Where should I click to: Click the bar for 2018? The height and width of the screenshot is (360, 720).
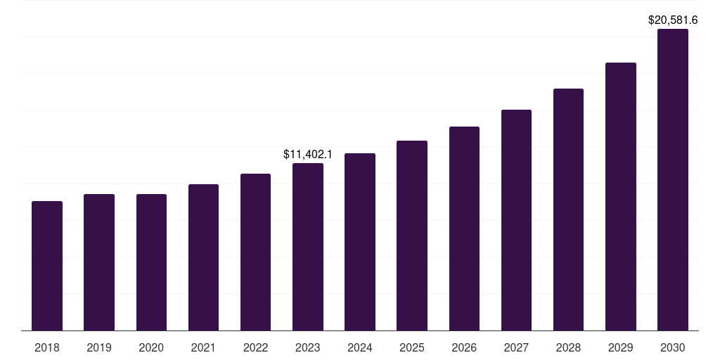(x=47, y=266)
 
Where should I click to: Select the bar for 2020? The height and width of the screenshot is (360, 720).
(x=151, y=262)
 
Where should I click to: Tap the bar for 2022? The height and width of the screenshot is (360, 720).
(x=255, y=252)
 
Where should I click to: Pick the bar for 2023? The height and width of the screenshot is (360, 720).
(x=308, y=247)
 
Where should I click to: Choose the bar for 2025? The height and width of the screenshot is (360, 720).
(x=412, y=236)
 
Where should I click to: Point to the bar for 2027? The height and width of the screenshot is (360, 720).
(x=516, y=220)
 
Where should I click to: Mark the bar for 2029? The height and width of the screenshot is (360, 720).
(x=621, y=196)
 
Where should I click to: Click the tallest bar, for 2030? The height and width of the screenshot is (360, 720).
(x=673, y=179)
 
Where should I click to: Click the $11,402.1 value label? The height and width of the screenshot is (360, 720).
(x=308, y=153)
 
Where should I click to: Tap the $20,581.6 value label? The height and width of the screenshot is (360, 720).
(x=673, y=20)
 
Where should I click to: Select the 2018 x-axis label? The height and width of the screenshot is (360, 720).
(x=47, y=347)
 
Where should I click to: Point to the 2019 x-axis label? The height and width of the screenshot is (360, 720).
(x=99, y=347)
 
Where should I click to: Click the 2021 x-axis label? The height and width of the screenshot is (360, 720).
(x=203, y=347)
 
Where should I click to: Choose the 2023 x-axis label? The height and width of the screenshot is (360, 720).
(x=308, y=347)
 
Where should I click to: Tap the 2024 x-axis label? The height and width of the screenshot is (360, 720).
(x=360, y=347)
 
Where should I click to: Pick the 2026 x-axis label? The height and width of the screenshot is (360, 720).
(x=464, y=347)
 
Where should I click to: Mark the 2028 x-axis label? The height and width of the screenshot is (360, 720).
(x=568, y=347)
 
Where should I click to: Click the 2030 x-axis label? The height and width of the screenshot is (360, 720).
(x=673, y=347)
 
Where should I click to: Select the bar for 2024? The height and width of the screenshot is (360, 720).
(x=360, y=242)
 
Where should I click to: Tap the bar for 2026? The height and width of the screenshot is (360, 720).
(x=464, y=229)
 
